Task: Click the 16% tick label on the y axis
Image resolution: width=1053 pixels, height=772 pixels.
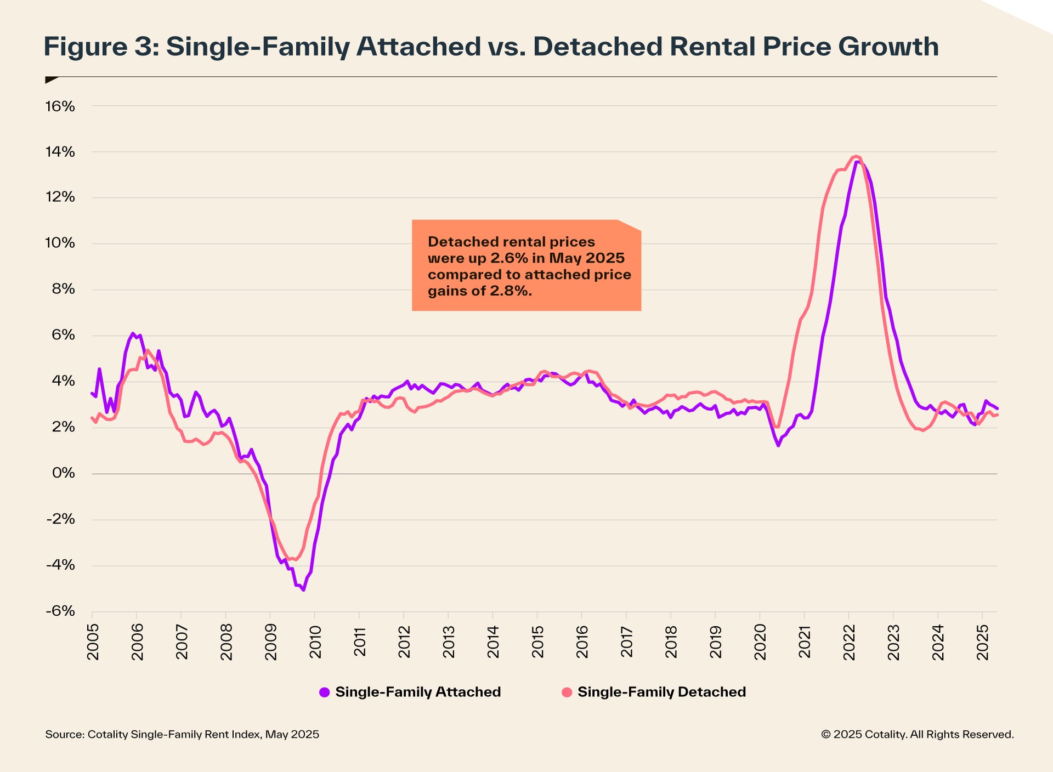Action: (60, 106)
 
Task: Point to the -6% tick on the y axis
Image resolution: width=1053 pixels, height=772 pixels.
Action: (60, 611)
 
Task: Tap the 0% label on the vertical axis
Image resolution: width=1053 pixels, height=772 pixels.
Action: (64, 473)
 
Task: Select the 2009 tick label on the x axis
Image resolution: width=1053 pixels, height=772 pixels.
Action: (271, 641)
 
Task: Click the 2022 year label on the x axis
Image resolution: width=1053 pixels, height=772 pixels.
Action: (849, 641)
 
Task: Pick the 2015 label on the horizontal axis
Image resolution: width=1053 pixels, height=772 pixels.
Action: (538, 641)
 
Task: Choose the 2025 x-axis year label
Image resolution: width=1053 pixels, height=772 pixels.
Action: (983, 641)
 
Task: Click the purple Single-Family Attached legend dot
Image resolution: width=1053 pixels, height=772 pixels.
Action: (325, 692)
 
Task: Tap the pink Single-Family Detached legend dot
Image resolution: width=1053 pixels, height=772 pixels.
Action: (567, 692)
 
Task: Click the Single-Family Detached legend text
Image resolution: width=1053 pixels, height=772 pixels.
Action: (661, 692)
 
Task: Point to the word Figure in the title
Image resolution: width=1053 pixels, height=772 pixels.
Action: (86, 47)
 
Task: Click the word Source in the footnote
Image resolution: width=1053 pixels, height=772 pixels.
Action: (64, 734)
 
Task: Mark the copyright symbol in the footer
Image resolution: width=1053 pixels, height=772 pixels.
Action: (825, 735)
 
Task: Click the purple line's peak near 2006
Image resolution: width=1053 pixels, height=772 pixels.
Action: (133, 333)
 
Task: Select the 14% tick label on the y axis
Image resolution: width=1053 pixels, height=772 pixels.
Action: (60, 152)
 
